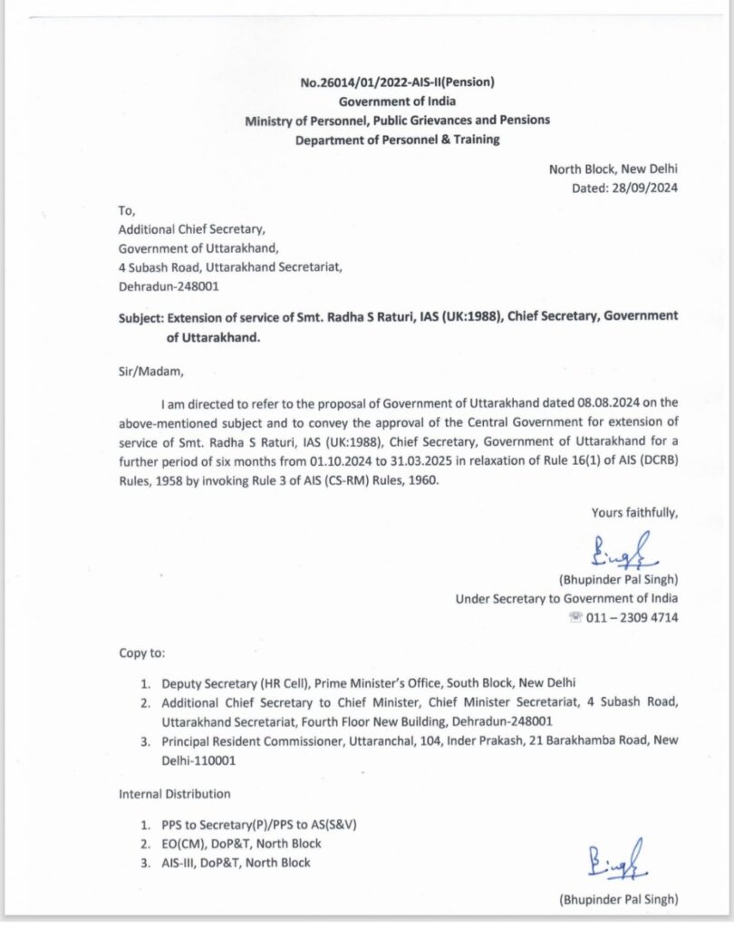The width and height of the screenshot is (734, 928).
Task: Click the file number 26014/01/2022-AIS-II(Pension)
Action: point(398,83)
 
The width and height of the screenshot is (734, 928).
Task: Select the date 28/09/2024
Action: point(647,188)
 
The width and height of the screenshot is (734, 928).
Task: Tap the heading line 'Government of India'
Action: point(398,101)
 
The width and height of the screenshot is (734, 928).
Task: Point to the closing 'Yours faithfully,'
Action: point(634,513)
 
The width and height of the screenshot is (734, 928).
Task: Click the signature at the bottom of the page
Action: point(605,858)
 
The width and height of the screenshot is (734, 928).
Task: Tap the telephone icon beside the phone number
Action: point(575,618)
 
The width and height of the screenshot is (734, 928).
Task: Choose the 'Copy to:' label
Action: point(142,652)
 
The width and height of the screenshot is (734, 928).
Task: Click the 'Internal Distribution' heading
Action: point(175,794)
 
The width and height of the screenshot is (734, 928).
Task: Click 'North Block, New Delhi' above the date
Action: point(613,169)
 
